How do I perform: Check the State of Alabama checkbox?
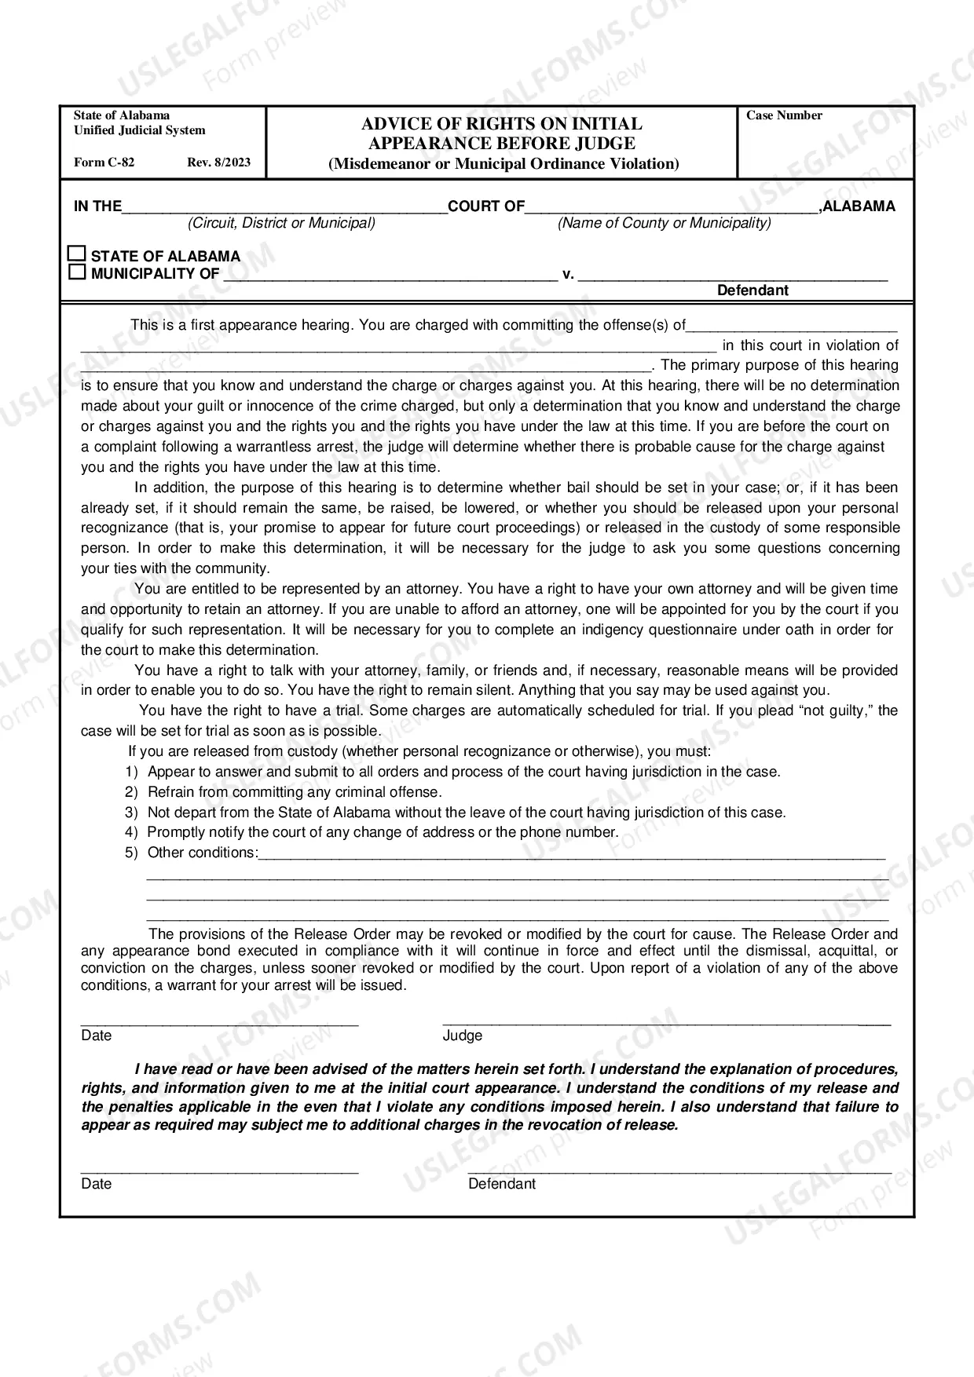pyautogui.click(x=76, y=254)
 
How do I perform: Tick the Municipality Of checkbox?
pyautogui.click(x=76, y=272)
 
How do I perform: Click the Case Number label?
pyautogui.click(x=784, y=115)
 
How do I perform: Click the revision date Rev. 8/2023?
pyautogui.click(x=219, y=163)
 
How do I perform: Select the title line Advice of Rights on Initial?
pyautogui.click(x=501, y=124)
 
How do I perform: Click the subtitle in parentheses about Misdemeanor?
pyautogui.click(x=503, y=164)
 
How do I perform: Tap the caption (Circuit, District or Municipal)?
pyautogui.click(x=281, y=223)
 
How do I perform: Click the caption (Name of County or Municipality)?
pyautogui.click(x=664, y=223)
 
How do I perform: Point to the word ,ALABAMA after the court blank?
pyautogui.click(x=857, y=206)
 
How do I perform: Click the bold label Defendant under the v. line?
pyautogui.click(x=752, y=290)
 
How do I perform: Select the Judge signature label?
pyautogui.click(x=463, y=1035)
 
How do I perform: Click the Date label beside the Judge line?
pyautogui.click(x=97, y=1035)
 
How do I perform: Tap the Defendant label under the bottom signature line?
pyautogui.click(x=502, y=1184)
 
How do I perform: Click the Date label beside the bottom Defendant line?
pyautogui.click(x=97, y=1184)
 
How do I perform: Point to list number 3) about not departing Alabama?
pyautogui.click(x=131, y=813)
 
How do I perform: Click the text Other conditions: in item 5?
pyautogui.click(x=203, y=853)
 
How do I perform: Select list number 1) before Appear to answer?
pyautogui.click(x=131, y=772)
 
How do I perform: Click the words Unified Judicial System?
pyautogui.click(x=140, y=130)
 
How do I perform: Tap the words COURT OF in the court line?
pyautogui.click(x=486, y=206)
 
